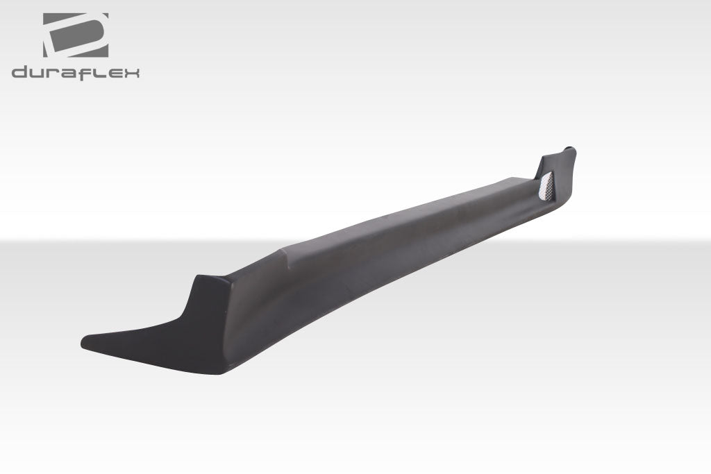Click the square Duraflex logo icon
coord(76,35)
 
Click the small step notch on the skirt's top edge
coord(284,251)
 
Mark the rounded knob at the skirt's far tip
coord(569,149)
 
